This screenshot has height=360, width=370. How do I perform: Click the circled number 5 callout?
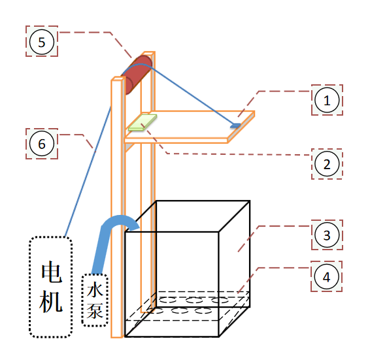[42, 42]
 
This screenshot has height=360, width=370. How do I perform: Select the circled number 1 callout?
[327, 100]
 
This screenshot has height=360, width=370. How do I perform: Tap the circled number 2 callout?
[327, 164]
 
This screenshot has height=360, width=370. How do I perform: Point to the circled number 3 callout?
[327, 235]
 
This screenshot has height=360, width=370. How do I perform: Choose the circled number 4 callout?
[327, 277]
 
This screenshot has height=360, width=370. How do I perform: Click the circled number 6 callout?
[42, 144]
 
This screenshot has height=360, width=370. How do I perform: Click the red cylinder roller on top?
[137, 74]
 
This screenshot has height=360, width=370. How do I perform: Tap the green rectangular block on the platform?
[143, 122]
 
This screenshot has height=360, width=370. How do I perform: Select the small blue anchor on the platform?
[235, 125]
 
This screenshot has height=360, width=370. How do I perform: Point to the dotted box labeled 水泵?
[95, 301]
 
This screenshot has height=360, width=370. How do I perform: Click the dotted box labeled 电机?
[51, 287]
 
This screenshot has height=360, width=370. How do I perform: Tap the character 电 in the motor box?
[52, 272]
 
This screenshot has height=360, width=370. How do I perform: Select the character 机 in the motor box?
[51, 301]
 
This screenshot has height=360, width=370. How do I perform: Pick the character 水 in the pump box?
[95, 289]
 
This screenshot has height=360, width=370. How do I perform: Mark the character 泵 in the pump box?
[95, 310]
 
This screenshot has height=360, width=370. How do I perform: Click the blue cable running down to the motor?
[88, 172]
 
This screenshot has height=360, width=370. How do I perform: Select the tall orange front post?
[117, 208]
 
